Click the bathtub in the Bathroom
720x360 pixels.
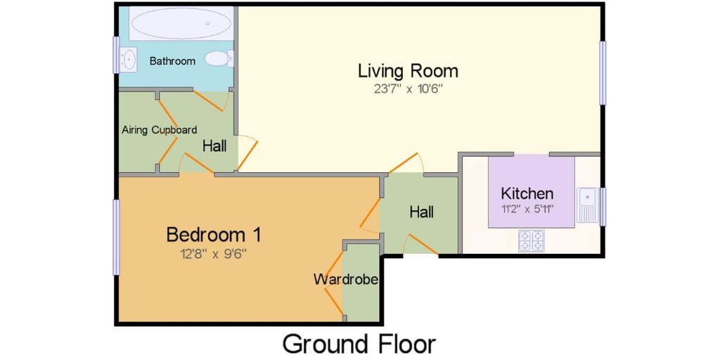(181, 23)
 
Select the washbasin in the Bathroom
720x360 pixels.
(128, 59)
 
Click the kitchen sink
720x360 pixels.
(588, 205)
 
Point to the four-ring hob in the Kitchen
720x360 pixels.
(532, 240)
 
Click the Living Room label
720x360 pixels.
(409, 71)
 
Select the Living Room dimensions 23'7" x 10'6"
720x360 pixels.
(408, 89)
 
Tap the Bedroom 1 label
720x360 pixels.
(214, 235)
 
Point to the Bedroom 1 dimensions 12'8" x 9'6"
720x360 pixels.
(214, 253)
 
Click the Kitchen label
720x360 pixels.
(527, 193)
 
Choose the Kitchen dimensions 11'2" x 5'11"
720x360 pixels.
(527, 209)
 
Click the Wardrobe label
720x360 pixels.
(346, 279)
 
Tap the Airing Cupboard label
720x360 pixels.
(160, 130)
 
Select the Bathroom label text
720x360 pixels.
(173, 60)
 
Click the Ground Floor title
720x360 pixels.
(359, 344)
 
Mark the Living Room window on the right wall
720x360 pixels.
(603, 72)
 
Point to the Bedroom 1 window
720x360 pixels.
(116, 237)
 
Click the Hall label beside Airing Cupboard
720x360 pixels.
(215, 146)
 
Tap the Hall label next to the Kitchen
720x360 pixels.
(422, 212)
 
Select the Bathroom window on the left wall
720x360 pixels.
(116, 55)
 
